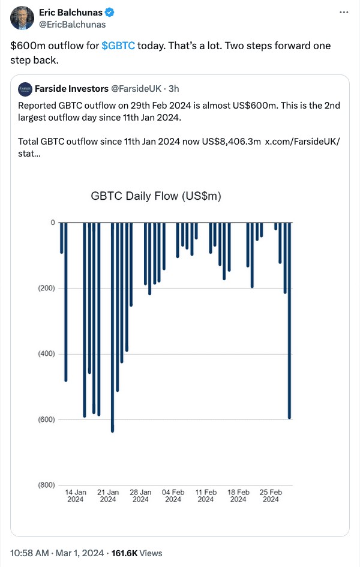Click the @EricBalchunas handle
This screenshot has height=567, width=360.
tap(72, 25)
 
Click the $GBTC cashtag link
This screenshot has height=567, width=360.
tap(118, 46)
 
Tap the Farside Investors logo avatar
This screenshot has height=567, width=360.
tap(25, 89)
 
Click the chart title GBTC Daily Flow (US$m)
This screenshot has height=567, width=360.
tap(156, 196)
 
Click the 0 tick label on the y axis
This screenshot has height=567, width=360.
tap(52, 223)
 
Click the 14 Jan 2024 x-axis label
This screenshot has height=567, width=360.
tap(76, 496)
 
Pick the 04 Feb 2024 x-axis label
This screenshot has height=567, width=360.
tap(173, 496)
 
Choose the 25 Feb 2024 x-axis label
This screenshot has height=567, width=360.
tap(271, 496)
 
